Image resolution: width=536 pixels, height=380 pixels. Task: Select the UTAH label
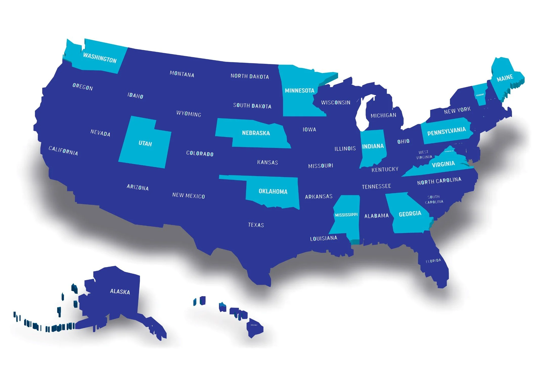click(145, 143)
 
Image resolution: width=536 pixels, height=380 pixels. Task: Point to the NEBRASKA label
click(256, 133)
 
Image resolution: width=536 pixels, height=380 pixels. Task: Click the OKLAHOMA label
click(273, 191)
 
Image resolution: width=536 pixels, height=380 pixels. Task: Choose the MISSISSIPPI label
click(346, 215)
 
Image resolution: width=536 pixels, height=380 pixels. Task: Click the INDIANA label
click(373, 146)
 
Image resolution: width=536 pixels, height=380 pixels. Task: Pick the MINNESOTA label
click(299, 90)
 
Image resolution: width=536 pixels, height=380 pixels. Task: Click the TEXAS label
click(256, 225)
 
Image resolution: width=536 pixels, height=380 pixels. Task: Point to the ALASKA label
click(120, 292)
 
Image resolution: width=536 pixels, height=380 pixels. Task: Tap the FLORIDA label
click(433, 261)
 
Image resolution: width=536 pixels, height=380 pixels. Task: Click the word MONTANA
click(182, 74)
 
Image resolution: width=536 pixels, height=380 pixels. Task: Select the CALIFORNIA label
click(63, 150)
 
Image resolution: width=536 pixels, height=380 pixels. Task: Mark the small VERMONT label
click(480, 95)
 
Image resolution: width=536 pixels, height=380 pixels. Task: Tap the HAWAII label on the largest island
click(254, 325)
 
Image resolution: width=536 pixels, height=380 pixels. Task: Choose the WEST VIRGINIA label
click(424, 155)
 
